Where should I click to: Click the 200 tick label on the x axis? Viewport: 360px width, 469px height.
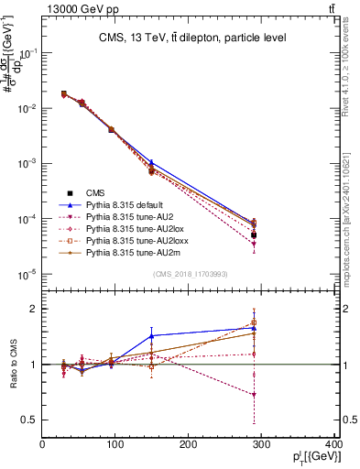tap(189, 446)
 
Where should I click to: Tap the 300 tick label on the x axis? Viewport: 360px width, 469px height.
tap(262, 446)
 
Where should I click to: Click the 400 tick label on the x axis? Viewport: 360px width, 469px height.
tap(333, 446)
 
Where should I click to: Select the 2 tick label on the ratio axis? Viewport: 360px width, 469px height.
tap(34, 310)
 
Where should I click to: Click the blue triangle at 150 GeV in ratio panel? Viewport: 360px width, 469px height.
tap(152, 336)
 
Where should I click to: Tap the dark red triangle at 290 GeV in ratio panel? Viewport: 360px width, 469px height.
tap(254, 395)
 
